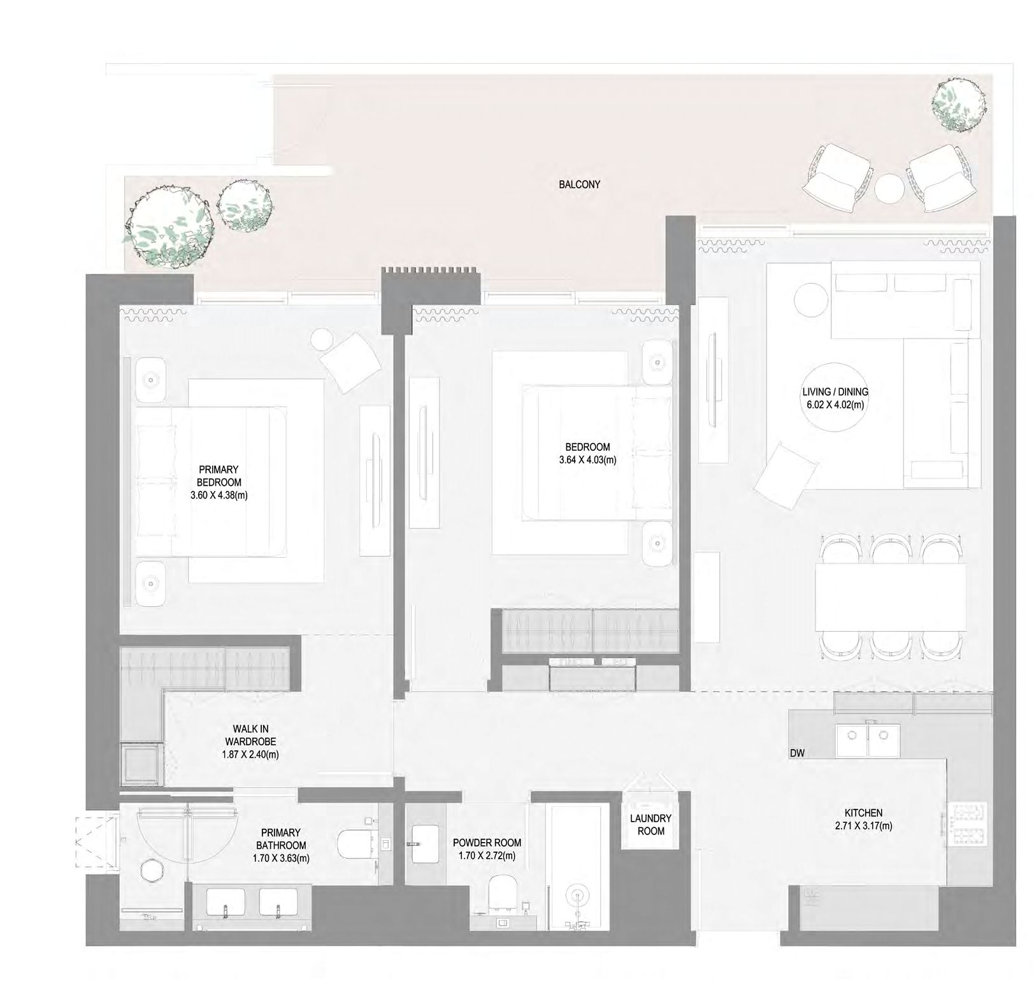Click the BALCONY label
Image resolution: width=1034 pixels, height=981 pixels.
click(579, 185)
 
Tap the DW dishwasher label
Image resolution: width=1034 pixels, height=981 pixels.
click(797, 753)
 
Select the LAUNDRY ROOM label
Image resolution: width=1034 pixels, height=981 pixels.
click(650, 824)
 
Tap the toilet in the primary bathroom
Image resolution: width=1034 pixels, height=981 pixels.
click(357, 845)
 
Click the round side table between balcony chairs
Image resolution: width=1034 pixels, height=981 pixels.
click(890, 189)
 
